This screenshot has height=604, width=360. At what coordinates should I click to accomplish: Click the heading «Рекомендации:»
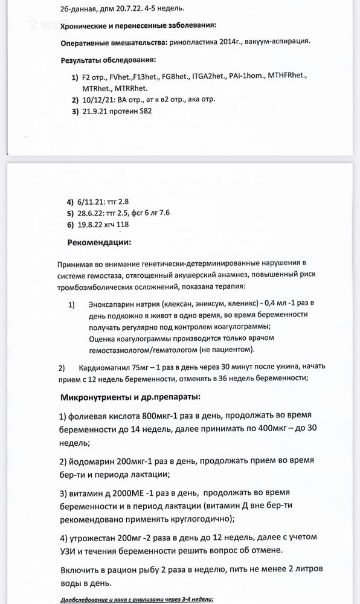[99, 242]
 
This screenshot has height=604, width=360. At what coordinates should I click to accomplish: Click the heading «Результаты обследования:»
[108, 60]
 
